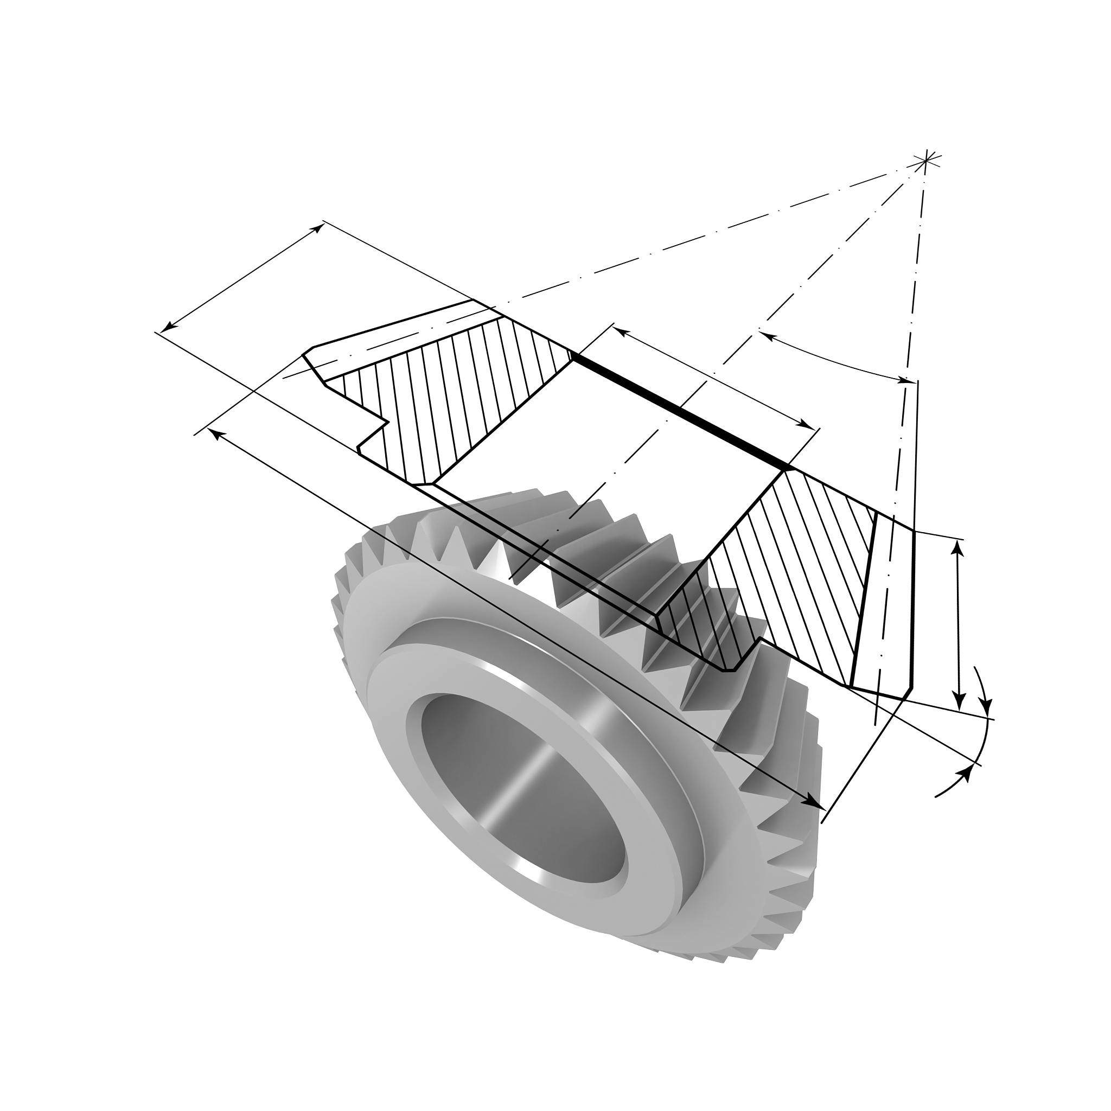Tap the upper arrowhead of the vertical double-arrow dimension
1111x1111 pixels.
[957, 547]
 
